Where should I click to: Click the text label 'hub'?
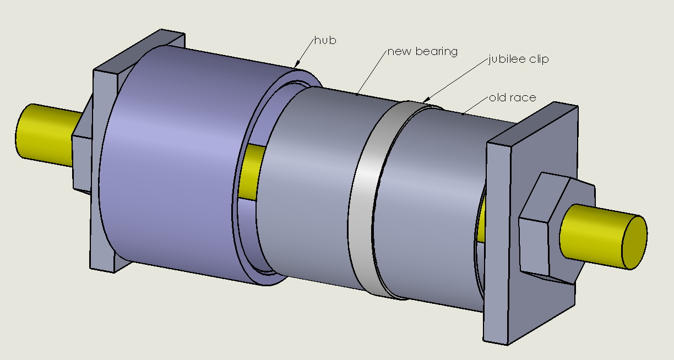[x=325, y=40]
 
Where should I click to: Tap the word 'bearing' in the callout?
[x=437, y=52]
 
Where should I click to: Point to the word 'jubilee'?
[x=506, y=59]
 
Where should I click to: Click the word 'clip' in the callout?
[x=539, y=59]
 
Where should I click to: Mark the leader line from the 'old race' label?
[x=475, y=106]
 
